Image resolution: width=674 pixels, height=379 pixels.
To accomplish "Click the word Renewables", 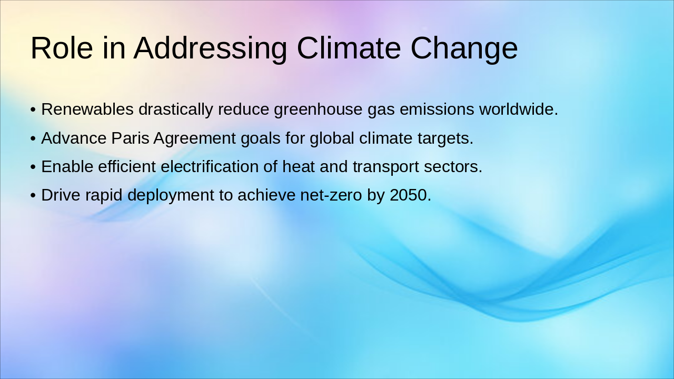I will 87,109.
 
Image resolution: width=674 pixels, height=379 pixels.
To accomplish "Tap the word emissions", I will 437,109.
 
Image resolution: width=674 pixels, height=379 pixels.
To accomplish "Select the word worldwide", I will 518,109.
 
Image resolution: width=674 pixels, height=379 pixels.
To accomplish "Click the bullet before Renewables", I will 33,110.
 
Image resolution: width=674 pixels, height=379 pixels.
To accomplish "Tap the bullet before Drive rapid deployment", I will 33,195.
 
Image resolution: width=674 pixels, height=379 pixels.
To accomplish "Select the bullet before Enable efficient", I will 33,167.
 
